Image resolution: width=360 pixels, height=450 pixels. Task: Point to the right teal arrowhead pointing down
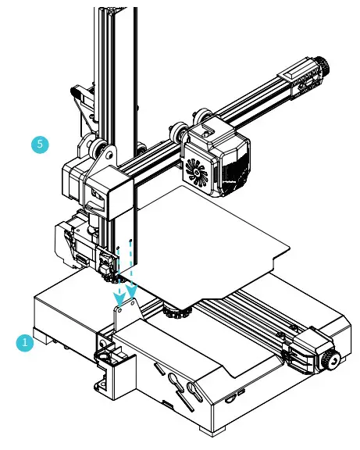coord(131,295)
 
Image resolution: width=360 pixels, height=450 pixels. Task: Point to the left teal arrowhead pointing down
coord(118,297)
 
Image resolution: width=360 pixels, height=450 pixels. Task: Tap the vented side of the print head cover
coord(233,168)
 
